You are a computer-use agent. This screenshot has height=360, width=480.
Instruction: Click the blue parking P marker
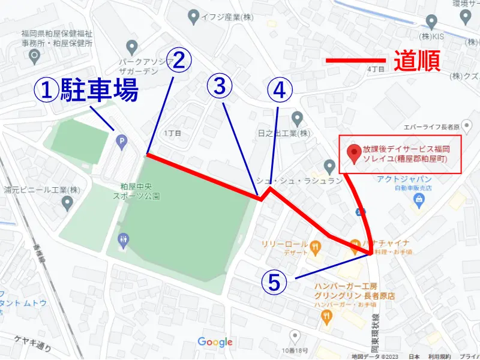coord(121,142)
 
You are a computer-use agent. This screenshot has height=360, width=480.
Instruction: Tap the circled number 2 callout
coord(179,60)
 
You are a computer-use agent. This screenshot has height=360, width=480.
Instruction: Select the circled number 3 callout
coord(220,87)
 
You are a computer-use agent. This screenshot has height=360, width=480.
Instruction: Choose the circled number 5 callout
coord(274,282)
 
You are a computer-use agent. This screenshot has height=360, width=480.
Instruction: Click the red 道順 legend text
coord(418,61)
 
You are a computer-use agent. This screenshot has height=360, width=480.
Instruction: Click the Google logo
coord(215,342)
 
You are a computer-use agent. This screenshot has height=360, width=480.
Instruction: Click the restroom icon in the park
coord(123,240)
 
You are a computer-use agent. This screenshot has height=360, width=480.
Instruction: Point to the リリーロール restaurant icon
coord(313,245)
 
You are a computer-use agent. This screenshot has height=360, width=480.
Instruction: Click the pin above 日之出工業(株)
coord(296,117)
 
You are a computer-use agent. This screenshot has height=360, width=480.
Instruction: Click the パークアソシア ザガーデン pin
coord(132,46)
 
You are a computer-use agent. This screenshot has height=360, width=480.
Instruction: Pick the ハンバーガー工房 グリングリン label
coord(356,291)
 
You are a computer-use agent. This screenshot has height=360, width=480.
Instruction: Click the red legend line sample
coord(355,61)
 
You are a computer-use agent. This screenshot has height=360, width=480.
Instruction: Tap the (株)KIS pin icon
coord(430,22)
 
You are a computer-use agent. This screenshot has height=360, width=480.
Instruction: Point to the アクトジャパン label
coord(404,179)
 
